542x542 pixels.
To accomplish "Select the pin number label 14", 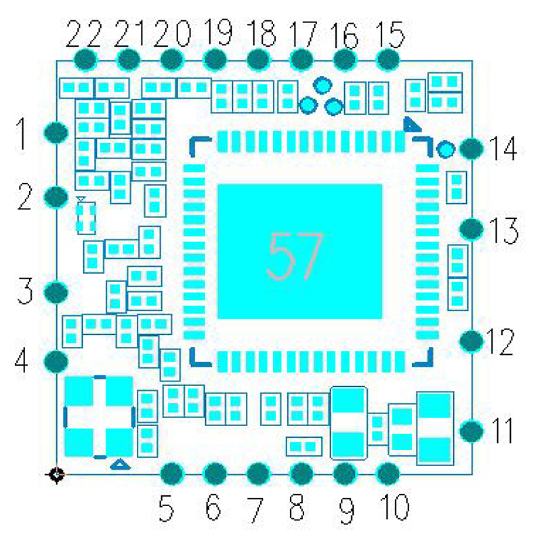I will coord(502,150).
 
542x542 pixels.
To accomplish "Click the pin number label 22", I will coord(84,33).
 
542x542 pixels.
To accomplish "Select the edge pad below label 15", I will coord(388,60).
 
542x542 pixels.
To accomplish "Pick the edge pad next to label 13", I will coord(471,229).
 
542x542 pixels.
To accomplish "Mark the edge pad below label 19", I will coord(215,60).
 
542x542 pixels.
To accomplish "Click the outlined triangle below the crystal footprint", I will coord(120,464).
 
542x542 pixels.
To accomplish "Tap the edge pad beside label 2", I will coord(56,197).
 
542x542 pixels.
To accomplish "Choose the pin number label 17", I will coord(301,33).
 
